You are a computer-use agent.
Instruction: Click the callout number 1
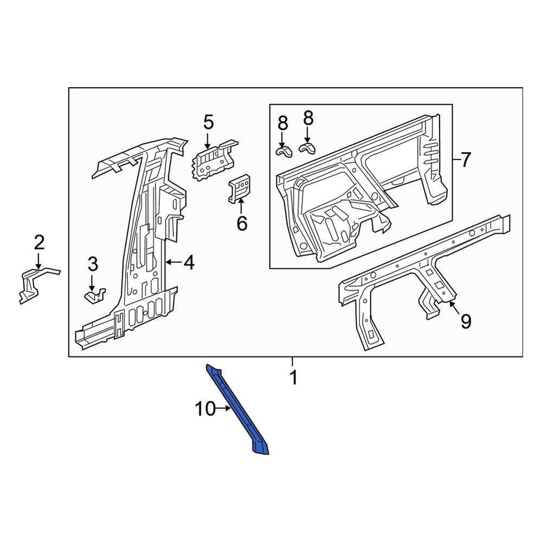293,377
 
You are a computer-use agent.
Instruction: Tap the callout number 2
39,242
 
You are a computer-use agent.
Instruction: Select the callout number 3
93,264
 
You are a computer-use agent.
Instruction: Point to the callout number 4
189,263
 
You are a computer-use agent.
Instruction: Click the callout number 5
209,122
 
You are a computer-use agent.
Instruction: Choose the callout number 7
466,160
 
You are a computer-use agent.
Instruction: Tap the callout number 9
466,321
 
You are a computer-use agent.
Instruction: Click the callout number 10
205,409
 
